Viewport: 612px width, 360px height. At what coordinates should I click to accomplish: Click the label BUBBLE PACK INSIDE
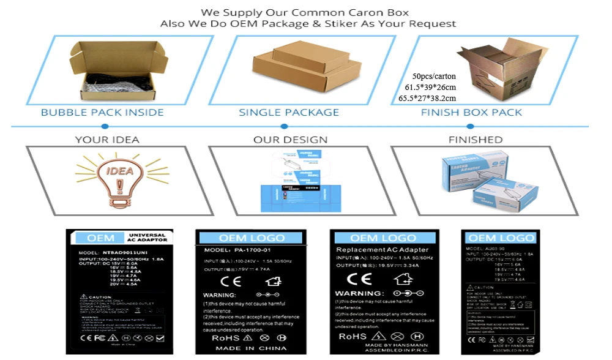pos(102,113)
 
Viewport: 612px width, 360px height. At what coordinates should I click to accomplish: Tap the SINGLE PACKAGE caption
pos(289,113)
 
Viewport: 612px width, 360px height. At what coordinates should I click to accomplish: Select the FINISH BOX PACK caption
pos(471,113)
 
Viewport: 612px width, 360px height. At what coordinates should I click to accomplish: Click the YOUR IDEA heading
pos(107,140)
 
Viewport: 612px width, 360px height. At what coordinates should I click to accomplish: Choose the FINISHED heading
pos(475,140)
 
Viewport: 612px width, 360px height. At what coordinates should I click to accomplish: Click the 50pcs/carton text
pos(435,77)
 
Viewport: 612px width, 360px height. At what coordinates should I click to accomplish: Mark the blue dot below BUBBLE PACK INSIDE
pos(105,127)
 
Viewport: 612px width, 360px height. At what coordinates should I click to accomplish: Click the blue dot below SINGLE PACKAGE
pos(284,127)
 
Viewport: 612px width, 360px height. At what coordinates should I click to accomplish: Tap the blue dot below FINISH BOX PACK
pos(470,127)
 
